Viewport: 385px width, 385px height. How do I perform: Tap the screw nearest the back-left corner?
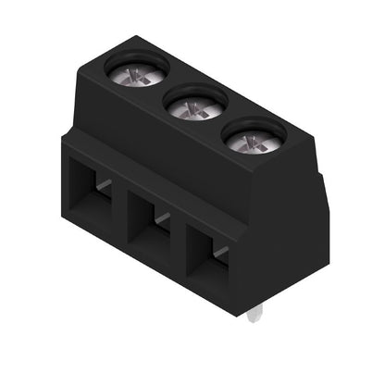point(137,70)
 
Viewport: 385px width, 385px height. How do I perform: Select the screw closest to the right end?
point(252,142)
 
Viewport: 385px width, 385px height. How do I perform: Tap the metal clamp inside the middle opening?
point(162,217)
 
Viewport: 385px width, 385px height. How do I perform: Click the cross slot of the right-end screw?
point(252,142)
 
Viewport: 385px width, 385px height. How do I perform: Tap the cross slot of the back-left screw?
point(137,72)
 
